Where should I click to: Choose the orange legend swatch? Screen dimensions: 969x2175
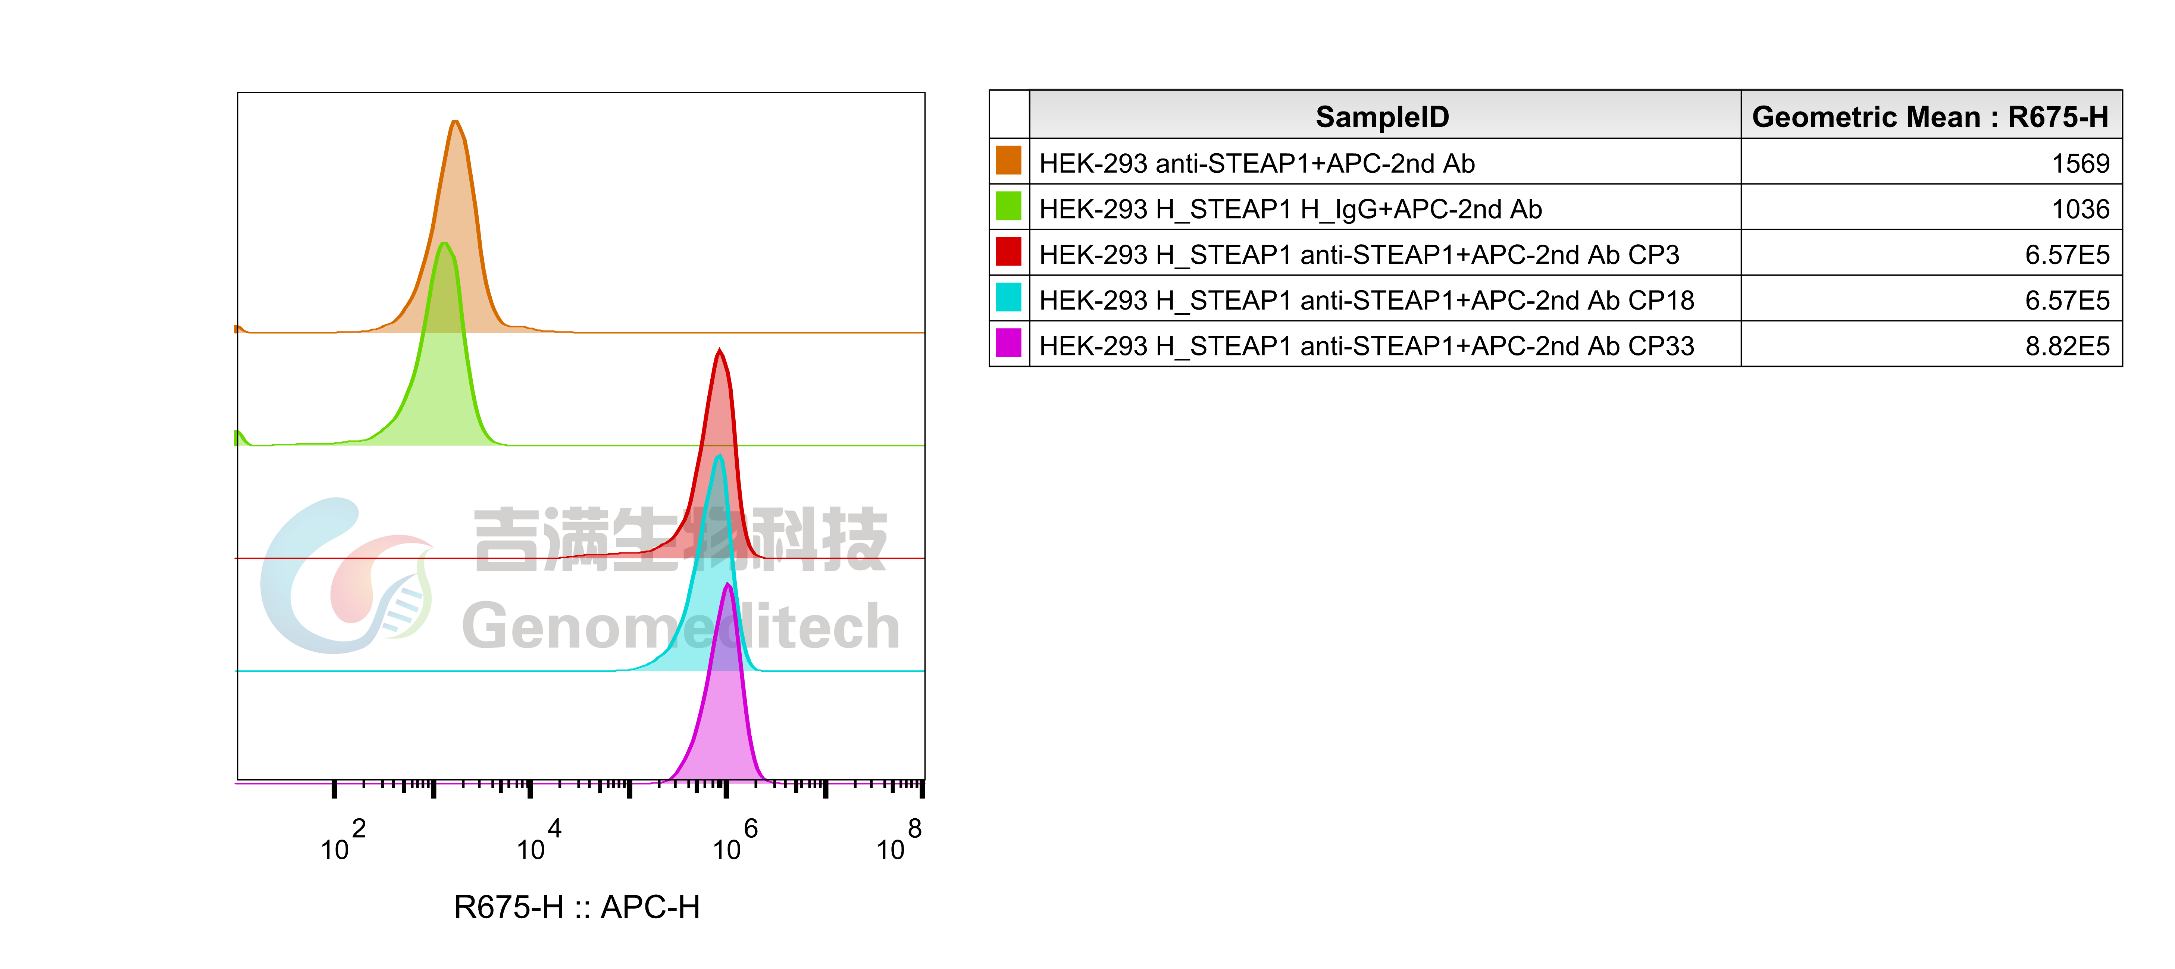1008,160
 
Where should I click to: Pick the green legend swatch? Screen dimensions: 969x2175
1008,205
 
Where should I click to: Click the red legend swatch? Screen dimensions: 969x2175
1008,251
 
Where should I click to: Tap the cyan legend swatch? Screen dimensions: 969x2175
1008,296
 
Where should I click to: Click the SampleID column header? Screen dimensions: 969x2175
1382,116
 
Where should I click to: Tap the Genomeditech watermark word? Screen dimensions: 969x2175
680,626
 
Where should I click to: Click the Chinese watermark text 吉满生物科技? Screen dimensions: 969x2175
680,539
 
